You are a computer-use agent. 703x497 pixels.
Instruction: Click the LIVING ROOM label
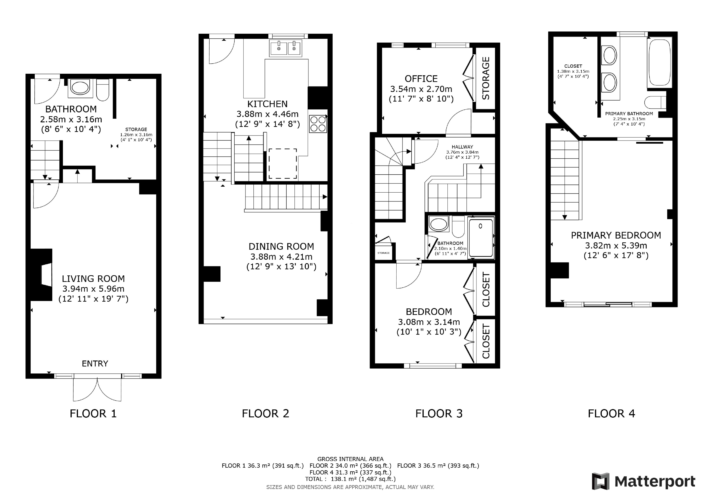pyautogui.click(x=93, y=279)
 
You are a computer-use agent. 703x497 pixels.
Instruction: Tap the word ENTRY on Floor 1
pyautogui.click(x=95, y=363)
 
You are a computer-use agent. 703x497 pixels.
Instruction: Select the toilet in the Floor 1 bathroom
pyautogui.click(x=103, y=90)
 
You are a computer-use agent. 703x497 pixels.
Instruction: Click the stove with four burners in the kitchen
pyautogui.click(x=318, y=124)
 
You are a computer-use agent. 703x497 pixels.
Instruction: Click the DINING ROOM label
pyautogui.click(x=281, y=246)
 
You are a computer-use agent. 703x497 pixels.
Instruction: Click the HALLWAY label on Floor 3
pyautogui.click(x=462, y=147)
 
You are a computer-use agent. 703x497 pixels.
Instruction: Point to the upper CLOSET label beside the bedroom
pyautogui.click(x=486, y=290)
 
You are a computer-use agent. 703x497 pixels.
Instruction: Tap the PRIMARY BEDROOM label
pyautogui.click(x=616, y=235)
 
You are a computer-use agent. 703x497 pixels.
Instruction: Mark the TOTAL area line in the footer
pyautogui.click(x=350, y=479)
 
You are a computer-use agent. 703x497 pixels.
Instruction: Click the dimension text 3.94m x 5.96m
pyautogui.click(x=93, y=289)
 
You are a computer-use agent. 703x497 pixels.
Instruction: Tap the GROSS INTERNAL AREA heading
pyautogui.click(x=350, y=459)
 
